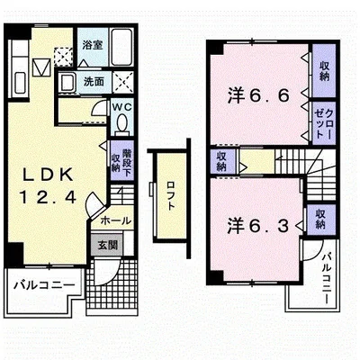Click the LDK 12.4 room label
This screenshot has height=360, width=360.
(x=48, y=186)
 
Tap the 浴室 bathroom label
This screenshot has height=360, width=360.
(x=93, y=45)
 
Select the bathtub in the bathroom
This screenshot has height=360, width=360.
(x=122, y=47)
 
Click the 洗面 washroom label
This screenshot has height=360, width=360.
(x=94, y=82)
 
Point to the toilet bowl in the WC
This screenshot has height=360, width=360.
(x=121, y=122)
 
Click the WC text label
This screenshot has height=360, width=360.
(x=121, y=107)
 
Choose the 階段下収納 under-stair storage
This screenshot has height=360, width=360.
(x=121, y=160)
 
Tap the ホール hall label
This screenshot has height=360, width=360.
(x=116, y=220)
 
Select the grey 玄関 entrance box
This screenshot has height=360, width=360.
(x=107, y=246)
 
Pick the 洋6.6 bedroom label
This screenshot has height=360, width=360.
(x=258, y=95)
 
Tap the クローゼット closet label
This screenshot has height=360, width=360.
(x=324, y=123)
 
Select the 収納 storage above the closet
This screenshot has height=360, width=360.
(x=324, y=71)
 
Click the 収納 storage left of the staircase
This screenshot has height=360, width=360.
(x=221, y=161)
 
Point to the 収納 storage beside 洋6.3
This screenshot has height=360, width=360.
(x=320, y=220)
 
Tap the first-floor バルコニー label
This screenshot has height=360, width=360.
(x=44, y=284)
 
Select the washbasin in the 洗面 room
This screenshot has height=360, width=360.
(x=67, y=82)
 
